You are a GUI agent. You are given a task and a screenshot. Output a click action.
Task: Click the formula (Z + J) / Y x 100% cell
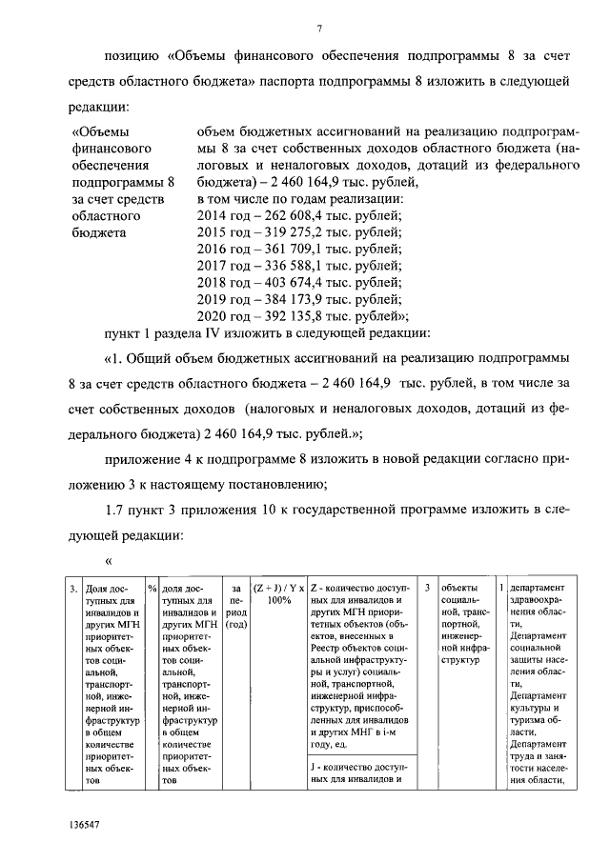click(x=278, y=594)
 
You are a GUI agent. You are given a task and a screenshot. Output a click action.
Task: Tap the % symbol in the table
click(x=152, y=588)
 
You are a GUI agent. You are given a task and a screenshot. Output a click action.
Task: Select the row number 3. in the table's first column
click(x=73, y=588)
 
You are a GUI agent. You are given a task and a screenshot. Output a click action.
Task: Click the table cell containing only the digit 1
click(x=501, y=588)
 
